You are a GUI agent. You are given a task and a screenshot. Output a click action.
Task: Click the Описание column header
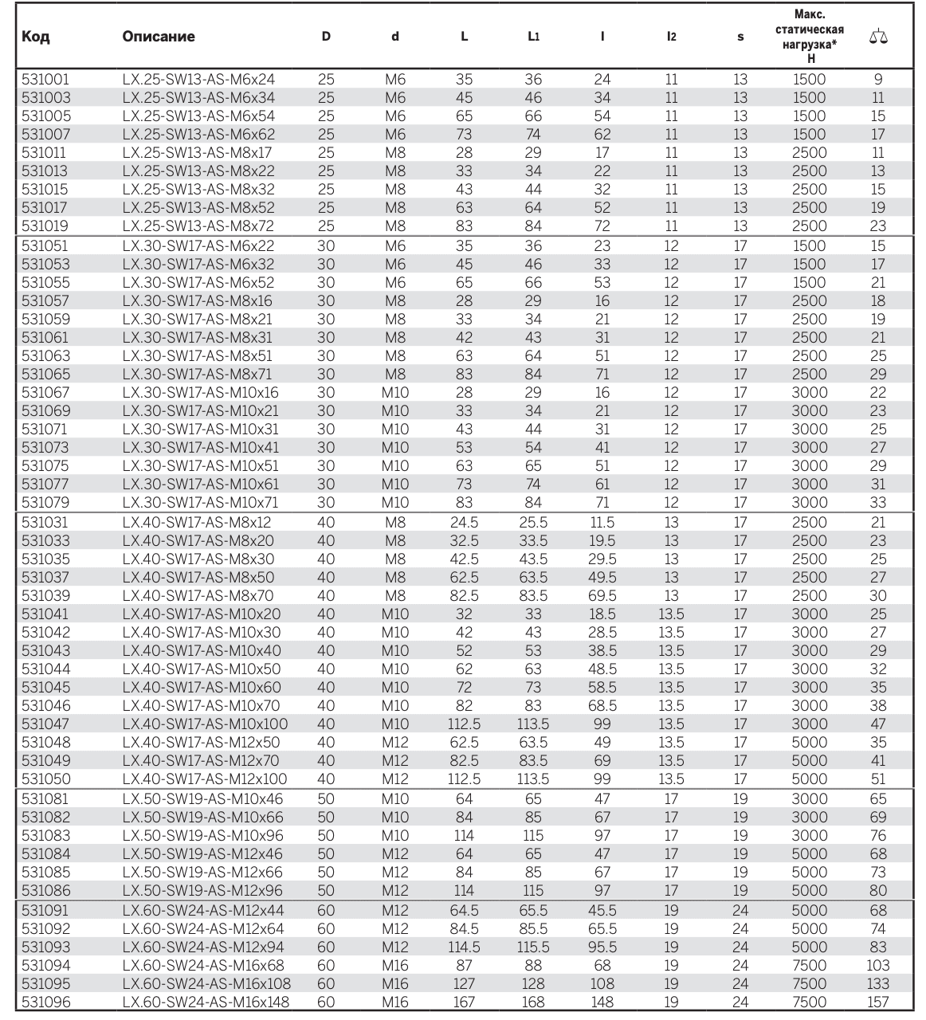point(159,37)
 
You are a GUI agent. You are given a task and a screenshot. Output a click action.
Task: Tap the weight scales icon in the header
point(878,37)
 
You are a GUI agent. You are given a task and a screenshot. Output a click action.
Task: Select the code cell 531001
point(45,80)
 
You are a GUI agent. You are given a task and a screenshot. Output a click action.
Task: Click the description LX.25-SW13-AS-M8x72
point(198,226)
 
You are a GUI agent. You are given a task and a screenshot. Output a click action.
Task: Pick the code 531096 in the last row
point(45,1002)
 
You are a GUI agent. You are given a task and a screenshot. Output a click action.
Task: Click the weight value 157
point(877,1002)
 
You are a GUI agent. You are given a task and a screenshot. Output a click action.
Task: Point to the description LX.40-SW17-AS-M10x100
point(205,724)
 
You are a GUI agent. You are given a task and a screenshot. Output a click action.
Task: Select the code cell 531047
point(45,724)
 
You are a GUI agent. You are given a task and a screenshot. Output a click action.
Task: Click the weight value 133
point(877,984)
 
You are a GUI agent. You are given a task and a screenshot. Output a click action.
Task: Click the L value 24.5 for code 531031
point(464,523)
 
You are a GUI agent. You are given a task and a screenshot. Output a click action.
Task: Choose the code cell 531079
point(45,503)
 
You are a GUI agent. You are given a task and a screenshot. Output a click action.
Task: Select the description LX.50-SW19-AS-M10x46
point(202,799)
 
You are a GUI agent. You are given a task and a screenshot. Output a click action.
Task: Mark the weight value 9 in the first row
point(878,80)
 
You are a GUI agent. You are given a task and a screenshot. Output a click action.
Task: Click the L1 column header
point(533,37)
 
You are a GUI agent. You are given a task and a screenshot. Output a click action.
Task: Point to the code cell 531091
point(45,911)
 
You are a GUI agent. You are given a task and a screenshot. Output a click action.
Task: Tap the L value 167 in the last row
point(464,1002)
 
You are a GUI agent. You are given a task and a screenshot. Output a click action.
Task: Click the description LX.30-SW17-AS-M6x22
point(198,246)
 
